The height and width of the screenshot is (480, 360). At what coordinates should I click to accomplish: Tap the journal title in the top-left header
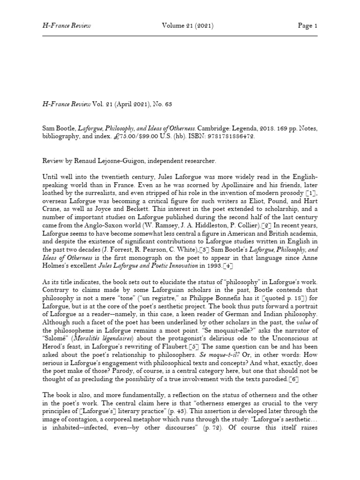[x=66, y=25]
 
